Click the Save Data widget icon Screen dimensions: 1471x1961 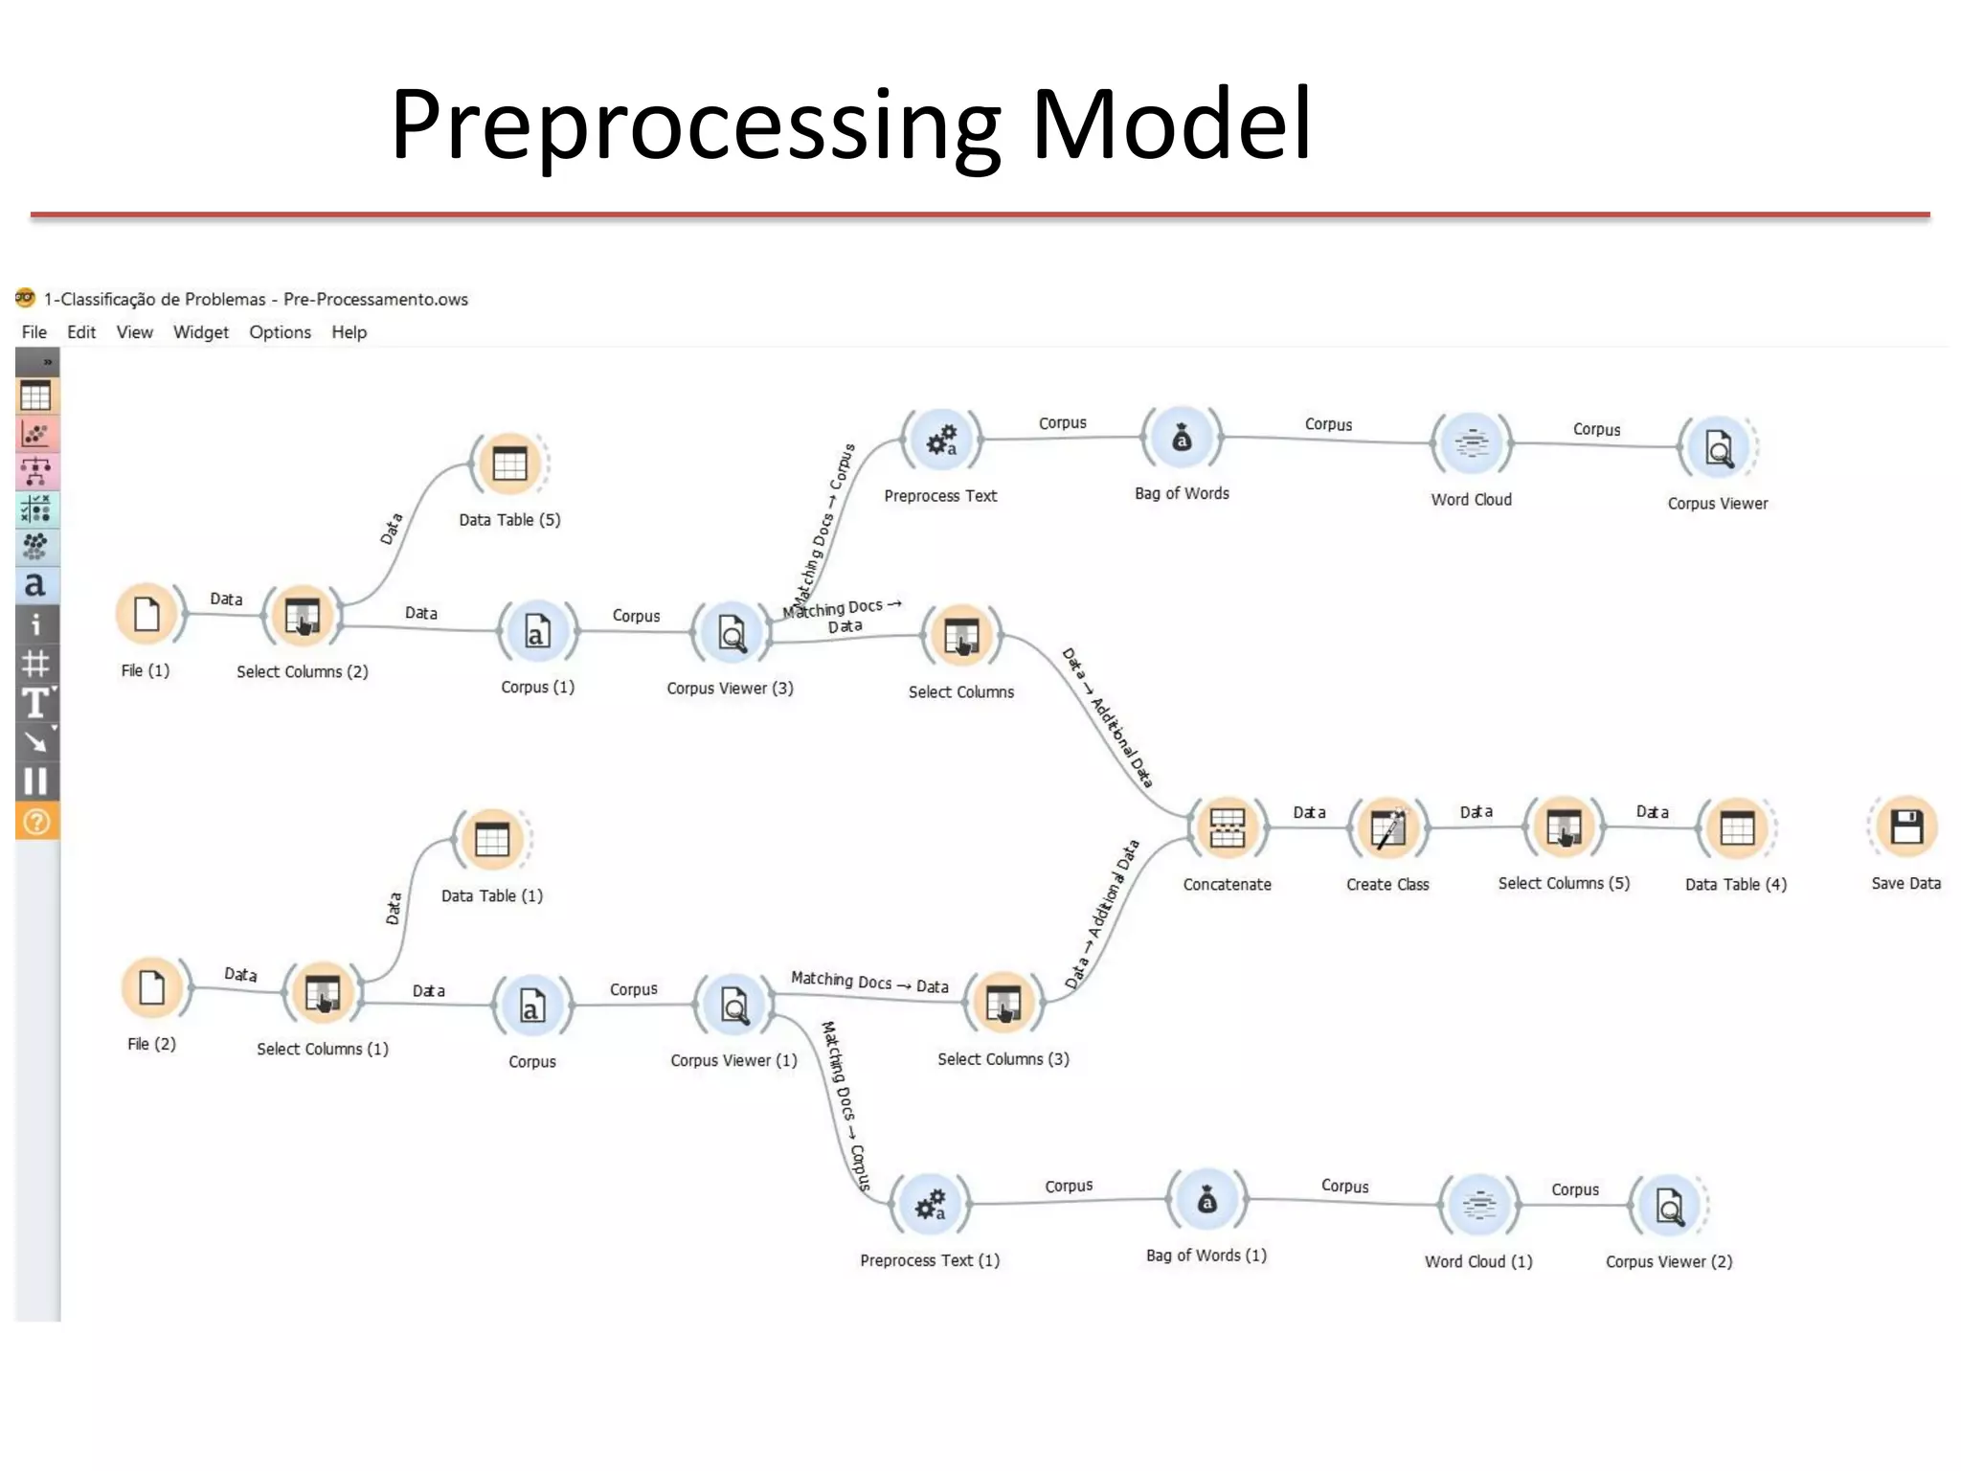[1905, 826]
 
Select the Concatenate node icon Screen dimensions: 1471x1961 [1227, 827]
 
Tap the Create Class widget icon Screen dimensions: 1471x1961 [1387, 827]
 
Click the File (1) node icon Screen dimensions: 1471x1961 [147, 614]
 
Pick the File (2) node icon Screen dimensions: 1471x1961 [152, 987]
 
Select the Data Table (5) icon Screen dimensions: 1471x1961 [509, 464]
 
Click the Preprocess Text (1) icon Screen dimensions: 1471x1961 [930, 1205]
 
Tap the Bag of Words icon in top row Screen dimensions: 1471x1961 [1182, 438]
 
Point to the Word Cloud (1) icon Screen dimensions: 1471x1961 [1479, 1205]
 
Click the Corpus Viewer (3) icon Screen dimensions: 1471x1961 [732, 633]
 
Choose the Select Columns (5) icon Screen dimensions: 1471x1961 [1564, 826]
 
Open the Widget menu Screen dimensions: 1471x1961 [200, 332]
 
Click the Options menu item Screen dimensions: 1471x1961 [280, 332]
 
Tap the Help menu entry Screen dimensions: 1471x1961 [349, 332]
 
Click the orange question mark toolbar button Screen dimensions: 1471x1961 [36, 822]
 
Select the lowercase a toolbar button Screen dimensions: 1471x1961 [35, 584]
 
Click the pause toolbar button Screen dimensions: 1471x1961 [35, 781]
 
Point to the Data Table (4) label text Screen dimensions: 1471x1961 [1735, 884]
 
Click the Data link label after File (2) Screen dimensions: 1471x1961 [240, 974]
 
